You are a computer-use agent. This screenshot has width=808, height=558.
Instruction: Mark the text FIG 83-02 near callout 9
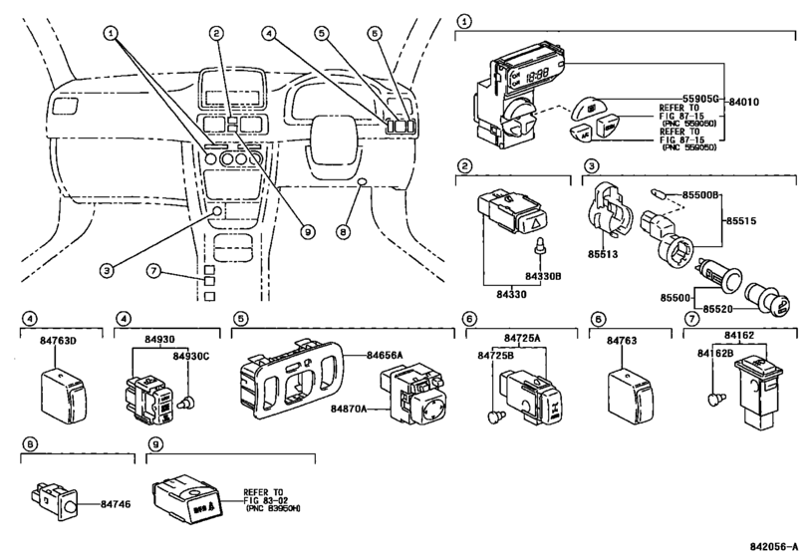(x=266, y=502)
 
